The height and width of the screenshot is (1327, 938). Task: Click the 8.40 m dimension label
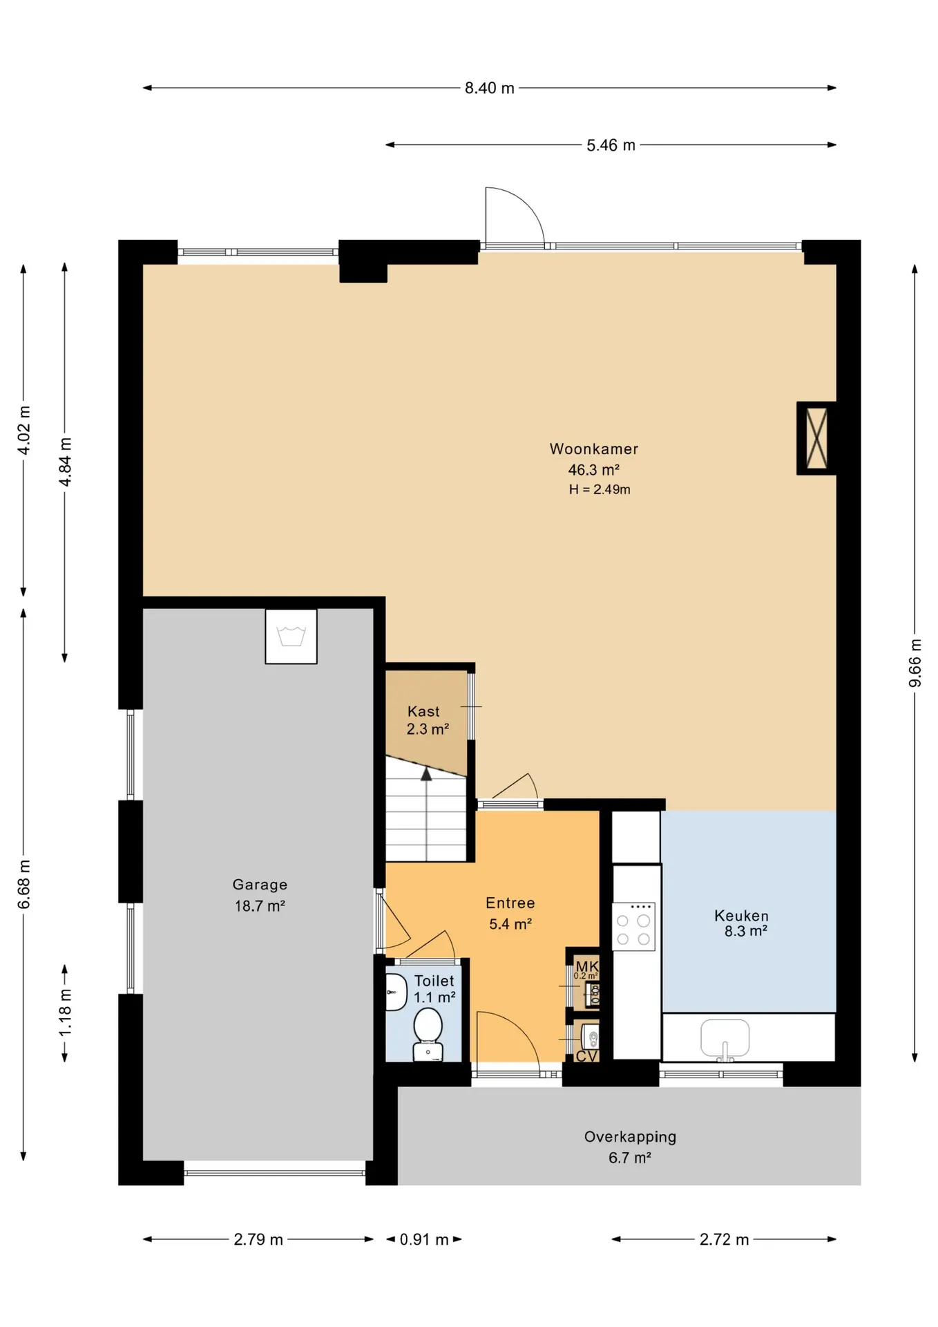point(489,88)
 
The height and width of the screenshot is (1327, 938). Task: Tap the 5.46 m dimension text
point(611,145)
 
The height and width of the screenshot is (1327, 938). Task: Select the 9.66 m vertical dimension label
point(915,663)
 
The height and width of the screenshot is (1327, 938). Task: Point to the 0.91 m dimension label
point(424,1239)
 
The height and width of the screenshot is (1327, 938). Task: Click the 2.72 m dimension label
point(724,1239)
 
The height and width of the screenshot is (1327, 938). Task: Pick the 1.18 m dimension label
point(65,1012)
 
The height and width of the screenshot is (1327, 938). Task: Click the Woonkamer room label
point(594,449)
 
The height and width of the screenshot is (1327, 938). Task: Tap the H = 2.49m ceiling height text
point(600,489)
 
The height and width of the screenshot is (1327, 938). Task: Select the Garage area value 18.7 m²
point(260,905)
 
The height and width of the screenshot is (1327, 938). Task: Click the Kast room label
point(423,711)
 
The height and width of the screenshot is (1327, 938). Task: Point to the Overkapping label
point(630,1136)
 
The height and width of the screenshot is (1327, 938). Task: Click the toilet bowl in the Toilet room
point(428,1033)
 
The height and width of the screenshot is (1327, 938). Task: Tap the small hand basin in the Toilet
point(396,992)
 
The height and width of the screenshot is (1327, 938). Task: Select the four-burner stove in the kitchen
point(633,926)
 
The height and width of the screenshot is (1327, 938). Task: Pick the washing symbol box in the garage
point(291,637)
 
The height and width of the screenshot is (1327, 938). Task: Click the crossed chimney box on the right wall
point(816,438)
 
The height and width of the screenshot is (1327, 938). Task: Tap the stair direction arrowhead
point(426,774)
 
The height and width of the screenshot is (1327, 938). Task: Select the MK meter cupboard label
point(587,966)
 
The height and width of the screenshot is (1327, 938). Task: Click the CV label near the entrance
point(586,1056)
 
